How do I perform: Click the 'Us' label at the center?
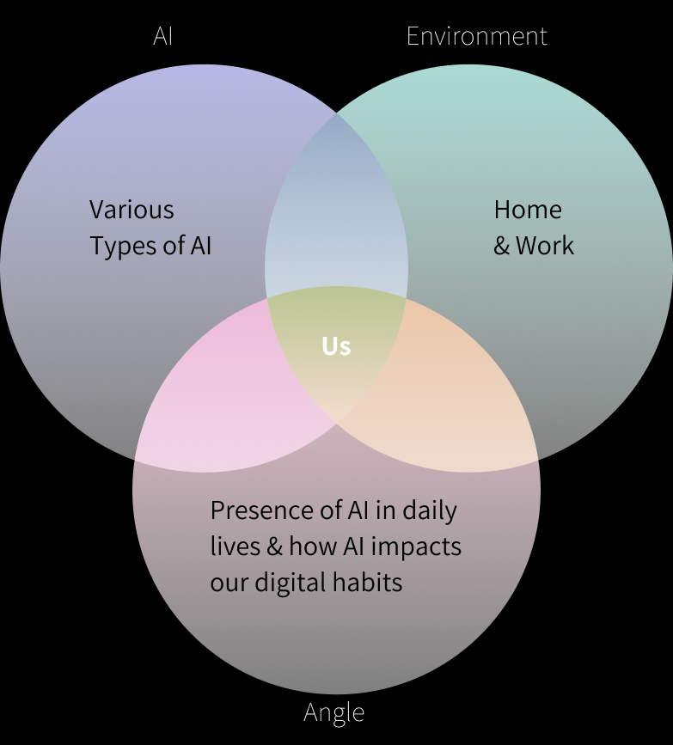[336, 345]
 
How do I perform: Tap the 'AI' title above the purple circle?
[163, 36]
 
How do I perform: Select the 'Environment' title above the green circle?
[476, 36]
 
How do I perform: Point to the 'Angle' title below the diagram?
[333, 712]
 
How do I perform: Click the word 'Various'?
[132, 210]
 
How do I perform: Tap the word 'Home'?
[528, 210]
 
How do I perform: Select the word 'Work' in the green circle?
[545, 246]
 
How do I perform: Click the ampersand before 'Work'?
[502, 247]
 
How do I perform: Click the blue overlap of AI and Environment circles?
[337, 206]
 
